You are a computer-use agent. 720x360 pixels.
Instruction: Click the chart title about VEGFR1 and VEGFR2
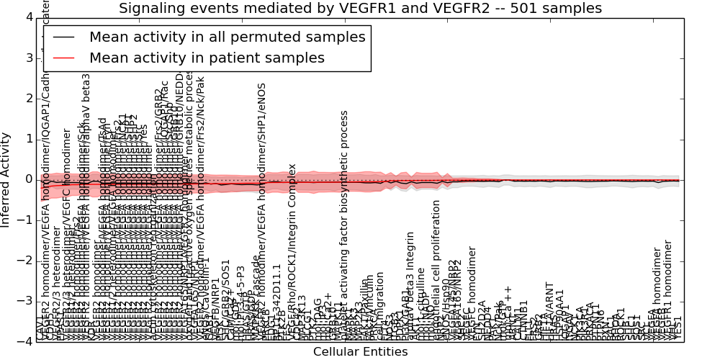click(x=360, y=9)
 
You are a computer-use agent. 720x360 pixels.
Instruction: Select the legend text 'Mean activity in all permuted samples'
click(x=227, y=37)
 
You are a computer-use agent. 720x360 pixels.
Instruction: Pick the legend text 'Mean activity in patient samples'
click(x=207, y=58)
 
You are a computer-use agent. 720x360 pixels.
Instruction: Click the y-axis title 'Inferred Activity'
click(x=6, y=179)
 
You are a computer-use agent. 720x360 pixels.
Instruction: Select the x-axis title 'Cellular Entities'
click(x=360, y=351)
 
